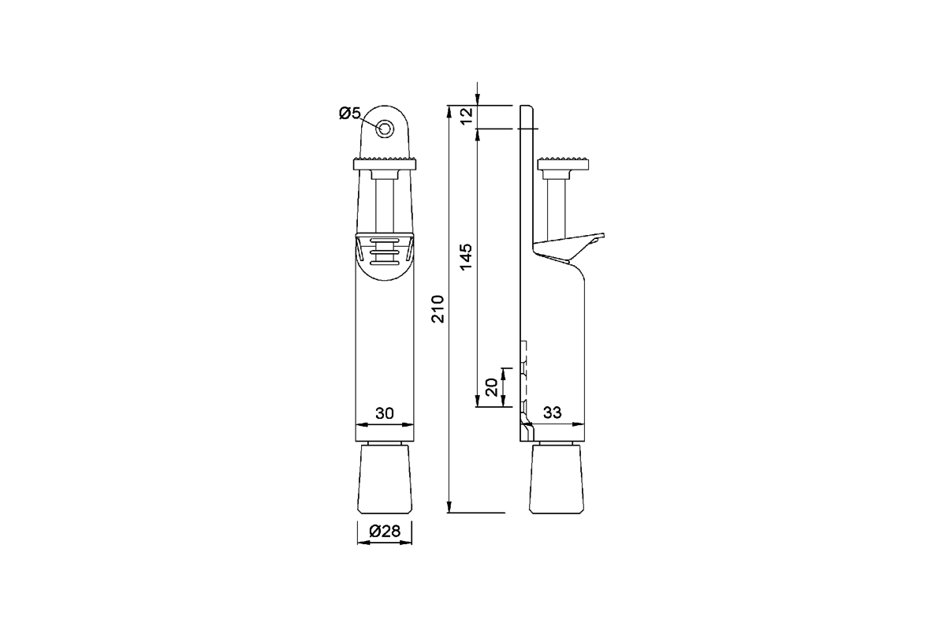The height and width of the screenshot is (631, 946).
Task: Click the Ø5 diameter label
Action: (x=349, y=113)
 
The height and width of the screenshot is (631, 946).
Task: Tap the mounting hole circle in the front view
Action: (x=385, y=129)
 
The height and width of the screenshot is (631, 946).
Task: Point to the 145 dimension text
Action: (x=466, y=258)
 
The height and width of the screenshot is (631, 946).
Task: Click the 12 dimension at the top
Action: (x=466, y=116)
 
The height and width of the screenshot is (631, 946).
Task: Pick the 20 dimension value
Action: (x=490, y=387)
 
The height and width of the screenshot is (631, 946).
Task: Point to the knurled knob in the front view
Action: (x=385, y=164)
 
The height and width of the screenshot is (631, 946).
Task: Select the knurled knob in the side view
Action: (x=563, y=164)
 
